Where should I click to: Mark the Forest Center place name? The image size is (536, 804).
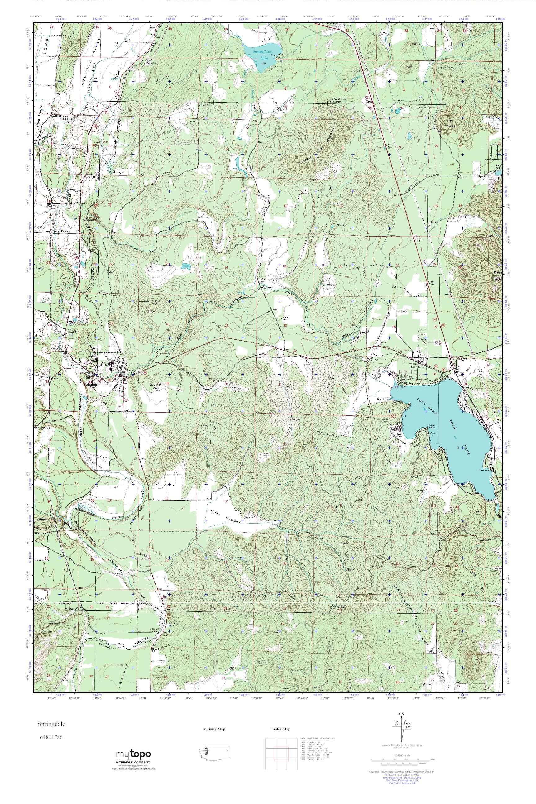tap(60, 231)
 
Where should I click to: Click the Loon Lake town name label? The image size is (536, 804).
tap(419, 366)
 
